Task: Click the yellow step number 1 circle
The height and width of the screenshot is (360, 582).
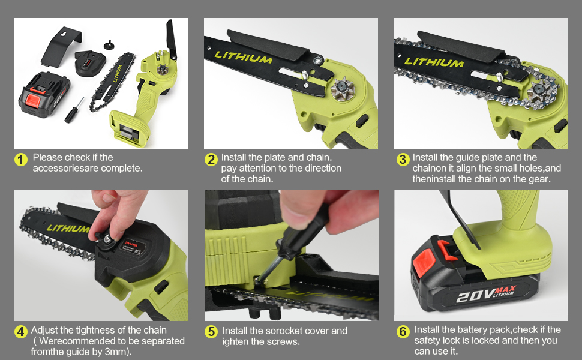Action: click(22, 160)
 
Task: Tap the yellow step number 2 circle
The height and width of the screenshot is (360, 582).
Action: click(211, 160)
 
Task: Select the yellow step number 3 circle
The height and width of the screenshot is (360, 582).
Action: click(403, 160)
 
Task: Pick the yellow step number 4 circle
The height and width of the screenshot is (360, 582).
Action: click(22, 332)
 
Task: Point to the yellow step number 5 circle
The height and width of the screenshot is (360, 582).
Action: click(211, 332)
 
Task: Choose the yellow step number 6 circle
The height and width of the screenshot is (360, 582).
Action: click(403, 332)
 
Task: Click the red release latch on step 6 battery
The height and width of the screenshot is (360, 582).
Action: click(444, 248)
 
